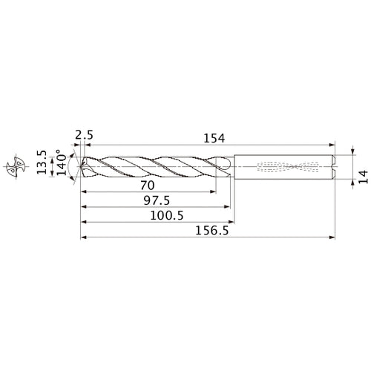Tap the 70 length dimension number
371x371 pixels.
point(147,184)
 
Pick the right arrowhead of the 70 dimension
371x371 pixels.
point(214,191)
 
